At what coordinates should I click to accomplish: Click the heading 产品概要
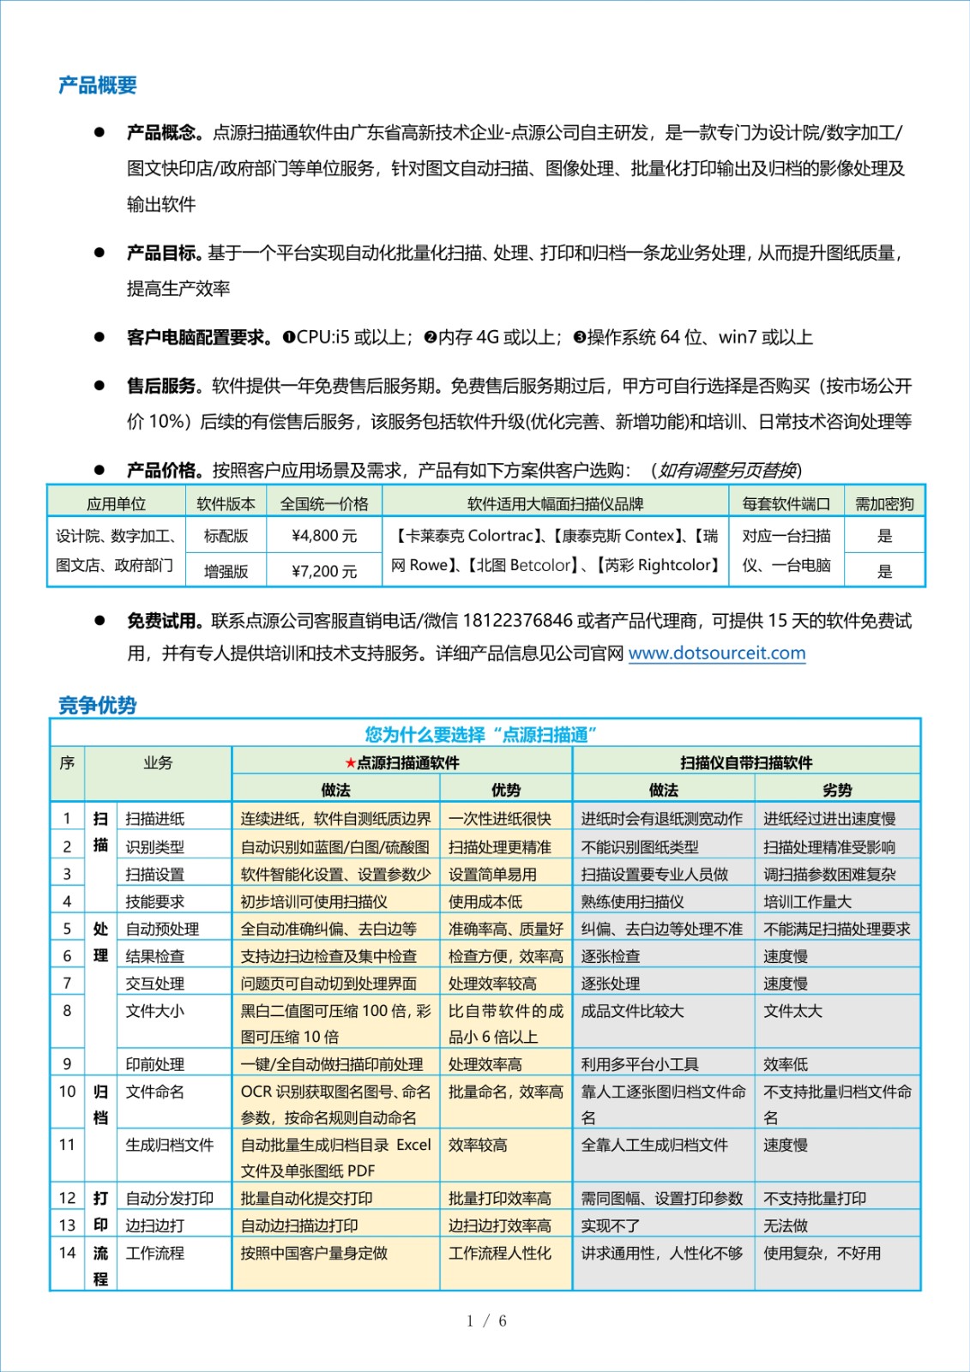[98, 86]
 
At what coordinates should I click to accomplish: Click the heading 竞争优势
[98, 706]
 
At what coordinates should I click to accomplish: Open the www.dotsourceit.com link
[717, 653]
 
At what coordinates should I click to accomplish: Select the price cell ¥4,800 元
[324, 537]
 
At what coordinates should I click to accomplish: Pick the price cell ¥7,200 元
[324, 571]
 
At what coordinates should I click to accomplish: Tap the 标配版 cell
[226, 537]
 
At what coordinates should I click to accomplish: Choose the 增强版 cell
[226, 571]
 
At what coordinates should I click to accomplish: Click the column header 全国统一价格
[324, 504]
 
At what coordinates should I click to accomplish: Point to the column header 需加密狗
[884, 504]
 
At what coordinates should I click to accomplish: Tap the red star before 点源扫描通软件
[350, 763]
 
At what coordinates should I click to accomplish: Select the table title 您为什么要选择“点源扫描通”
[480, 735]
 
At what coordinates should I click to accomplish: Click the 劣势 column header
[837, 791]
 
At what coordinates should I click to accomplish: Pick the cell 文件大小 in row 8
[155, 1012]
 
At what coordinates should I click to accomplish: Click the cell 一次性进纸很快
[500, 819]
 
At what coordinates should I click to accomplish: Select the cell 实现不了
[610, 1226]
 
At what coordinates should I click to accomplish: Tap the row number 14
[67, 1253]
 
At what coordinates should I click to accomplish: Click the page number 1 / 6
[486, 1321]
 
